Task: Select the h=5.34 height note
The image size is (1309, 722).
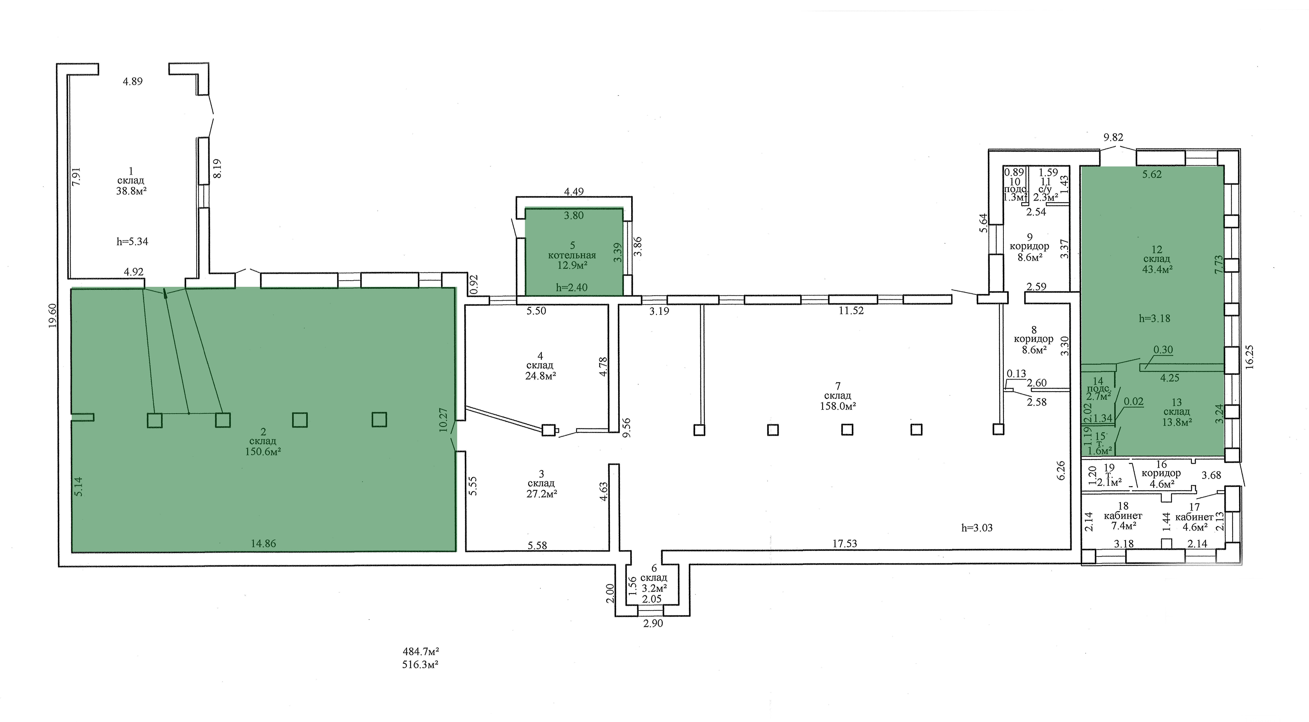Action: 133,242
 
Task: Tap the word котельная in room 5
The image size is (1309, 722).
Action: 572,255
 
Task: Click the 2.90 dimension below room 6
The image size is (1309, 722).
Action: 653,623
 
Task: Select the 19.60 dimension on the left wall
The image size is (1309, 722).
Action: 53,316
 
